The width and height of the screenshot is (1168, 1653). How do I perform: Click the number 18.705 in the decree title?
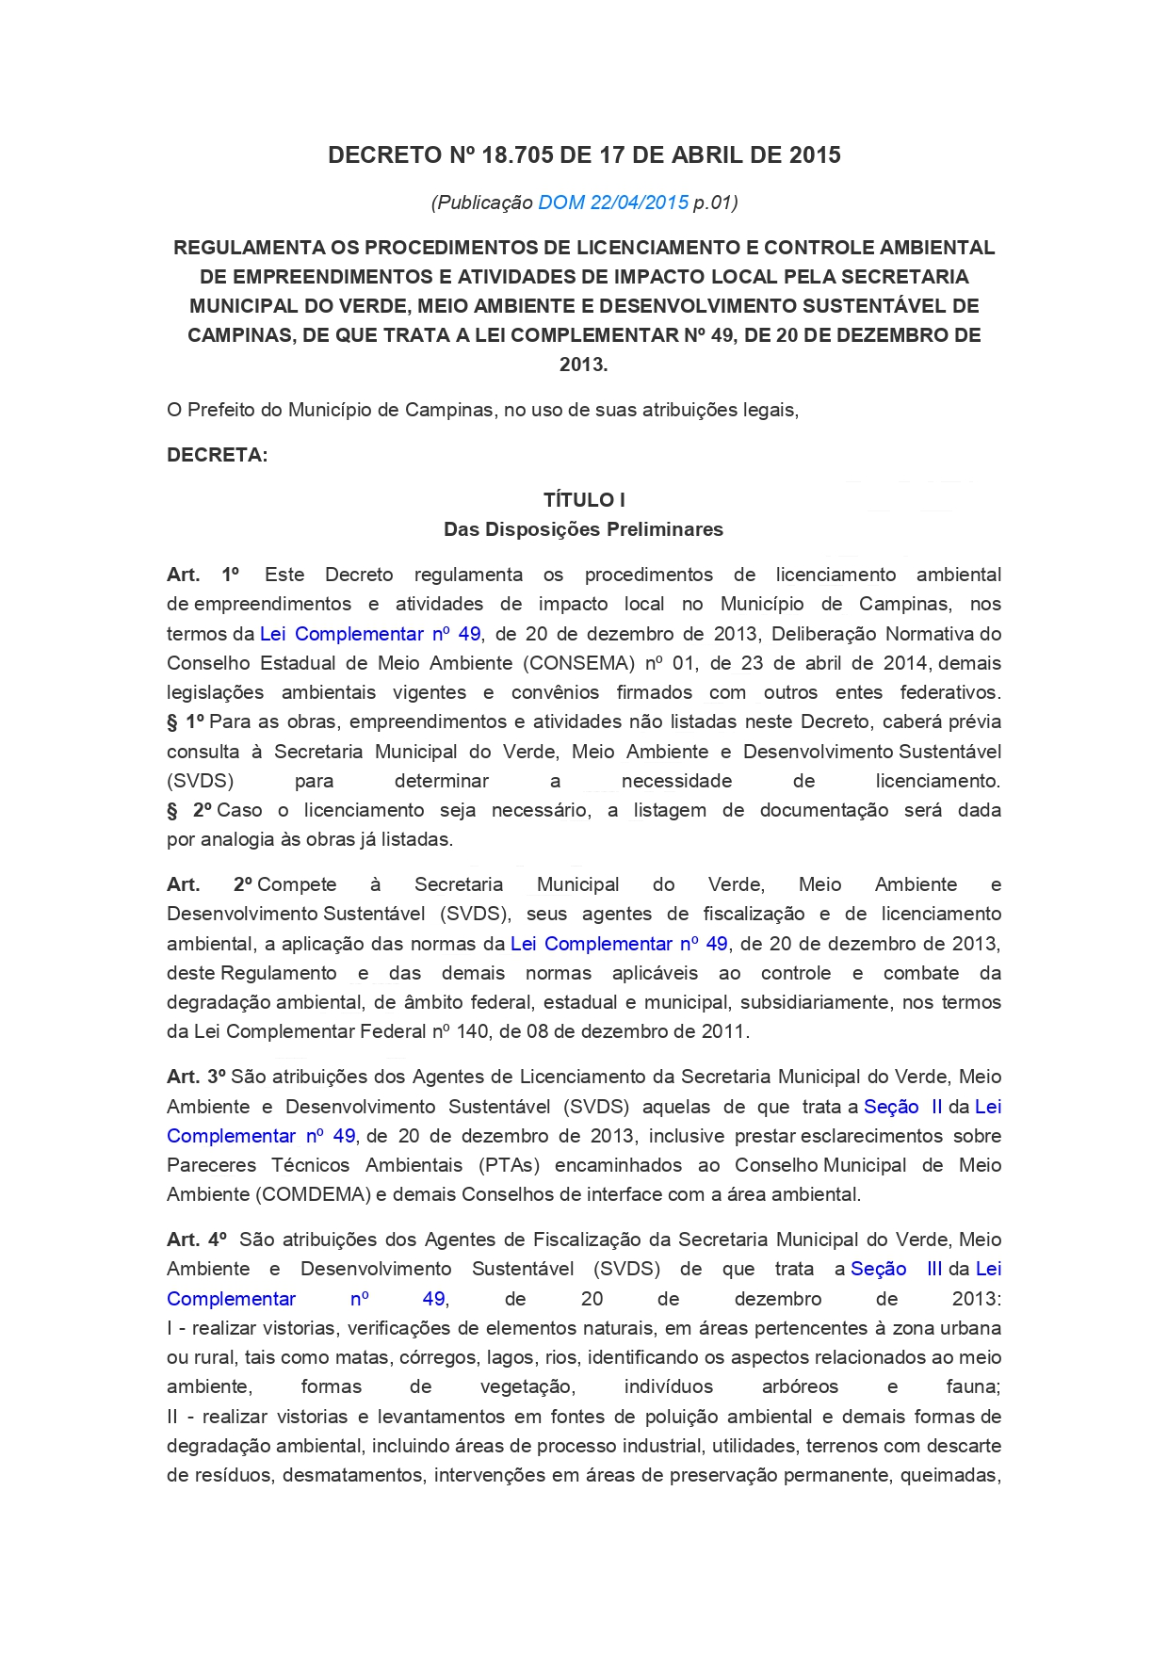[516, 155]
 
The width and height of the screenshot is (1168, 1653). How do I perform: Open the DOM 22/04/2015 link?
[613, 203]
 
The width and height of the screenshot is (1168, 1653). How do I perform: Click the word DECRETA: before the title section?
[218, 456]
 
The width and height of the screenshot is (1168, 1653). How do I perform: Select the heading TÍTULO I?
[584, 500]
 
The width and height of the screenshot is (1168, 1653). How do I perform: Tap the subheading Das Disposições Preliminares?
[584, 529]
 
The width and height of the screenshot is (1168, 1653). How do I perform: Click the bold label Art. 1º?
[203, 575]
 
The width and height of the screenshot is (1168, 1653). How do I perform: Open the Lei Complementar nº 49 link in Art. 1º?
[370, 634]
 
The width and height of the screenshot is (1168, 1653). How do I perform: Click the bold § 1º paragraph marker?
[186, 722]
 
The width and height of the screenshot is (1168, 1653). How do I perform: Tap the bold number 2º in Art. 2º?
[244, 884]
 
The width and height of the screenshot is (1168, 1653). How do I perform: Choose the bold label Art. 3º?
[196, 1077]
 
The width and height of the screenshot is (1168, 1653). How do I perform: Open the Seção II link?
[902, 1107]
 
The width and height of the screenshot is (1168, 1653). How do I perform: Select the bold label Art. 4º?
[196, 1240]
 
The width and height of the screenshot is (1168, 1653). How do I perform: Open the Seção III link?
[896, 1269]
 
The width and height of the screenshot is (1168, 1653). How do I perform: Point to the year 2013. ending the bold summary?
[584, 365]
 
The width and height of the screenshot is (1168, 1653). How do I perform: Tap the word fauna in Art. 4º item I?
[972, 1386]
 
